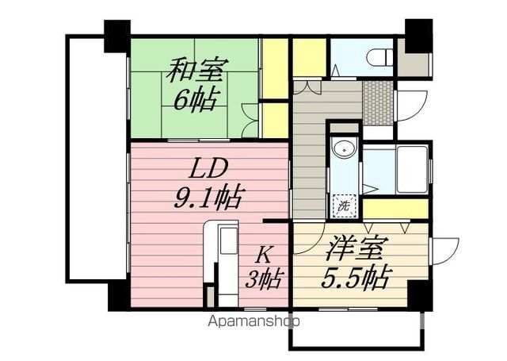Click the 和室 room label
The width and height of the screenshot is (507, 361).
(195, 73)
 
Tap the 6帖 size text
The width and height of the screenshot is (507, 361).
(195, 102)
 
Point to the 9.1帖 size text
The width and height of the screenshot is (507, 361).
(209, 196)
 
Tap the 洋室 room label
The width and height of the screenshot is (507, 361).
(355, 249)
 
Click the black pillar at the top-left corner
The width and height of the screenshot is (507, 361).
(116, 36)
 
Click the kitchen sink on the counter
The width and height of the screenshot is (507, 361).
(226, 238)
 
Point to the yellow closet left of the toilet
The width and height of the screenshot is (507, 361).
(309, 56)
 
